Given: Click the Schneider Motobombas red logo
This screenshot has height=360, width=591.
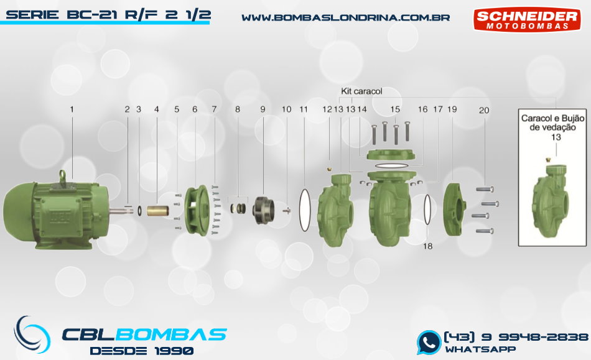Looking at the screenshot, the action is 527,19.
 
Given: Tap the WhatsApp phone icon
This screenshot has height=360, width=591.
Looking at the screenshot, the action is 429,343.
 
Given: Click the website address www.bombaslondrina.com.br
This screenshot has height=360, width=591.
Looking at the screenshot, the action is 346,17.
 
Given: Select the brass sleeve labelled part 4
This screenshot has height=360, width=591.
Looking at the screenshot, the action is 158,210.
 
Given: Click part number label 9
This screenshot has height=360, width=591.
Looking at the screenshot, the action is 263,109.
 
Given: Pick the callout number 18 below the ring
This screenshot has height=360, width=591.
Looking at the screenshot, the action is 427,246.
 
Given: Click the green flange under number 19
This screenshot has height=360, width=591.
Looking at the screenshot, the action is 455,210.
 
